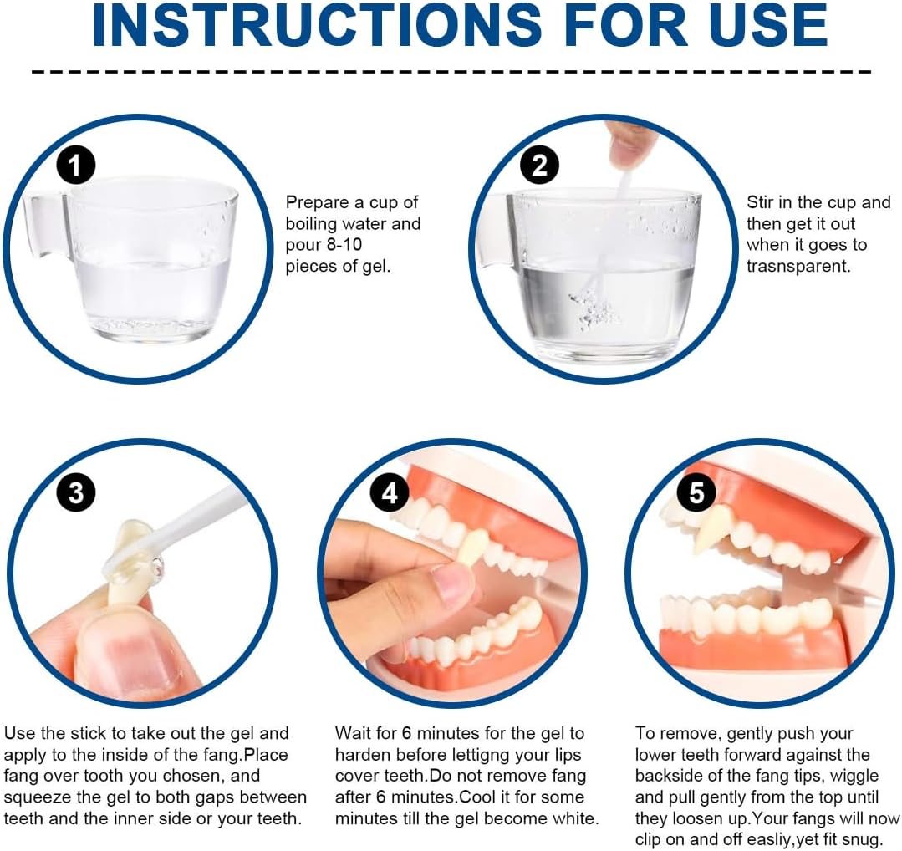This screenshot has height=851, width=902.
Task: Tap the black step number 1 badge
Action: click(x=75, y=166)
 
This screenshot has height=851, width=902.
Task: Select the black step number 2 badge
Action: click(x=539, y=166)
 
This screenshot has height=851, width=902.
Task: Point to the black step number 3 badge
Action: click(x=75, y=493)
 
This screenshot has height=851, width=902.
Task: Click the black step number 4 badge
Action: click(x=390, y=493)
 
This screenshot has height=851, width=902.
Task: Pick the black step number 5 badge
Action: click(x=696, y=493)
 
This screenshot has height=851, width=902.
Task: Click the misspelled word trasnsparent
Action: click(x=798, y=267)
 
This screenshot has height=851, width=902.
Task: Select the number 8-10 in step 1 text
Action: click(x=344, y=245)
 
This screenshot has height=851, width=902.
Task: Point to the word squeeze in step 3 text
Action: click(x=38, y=798)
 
